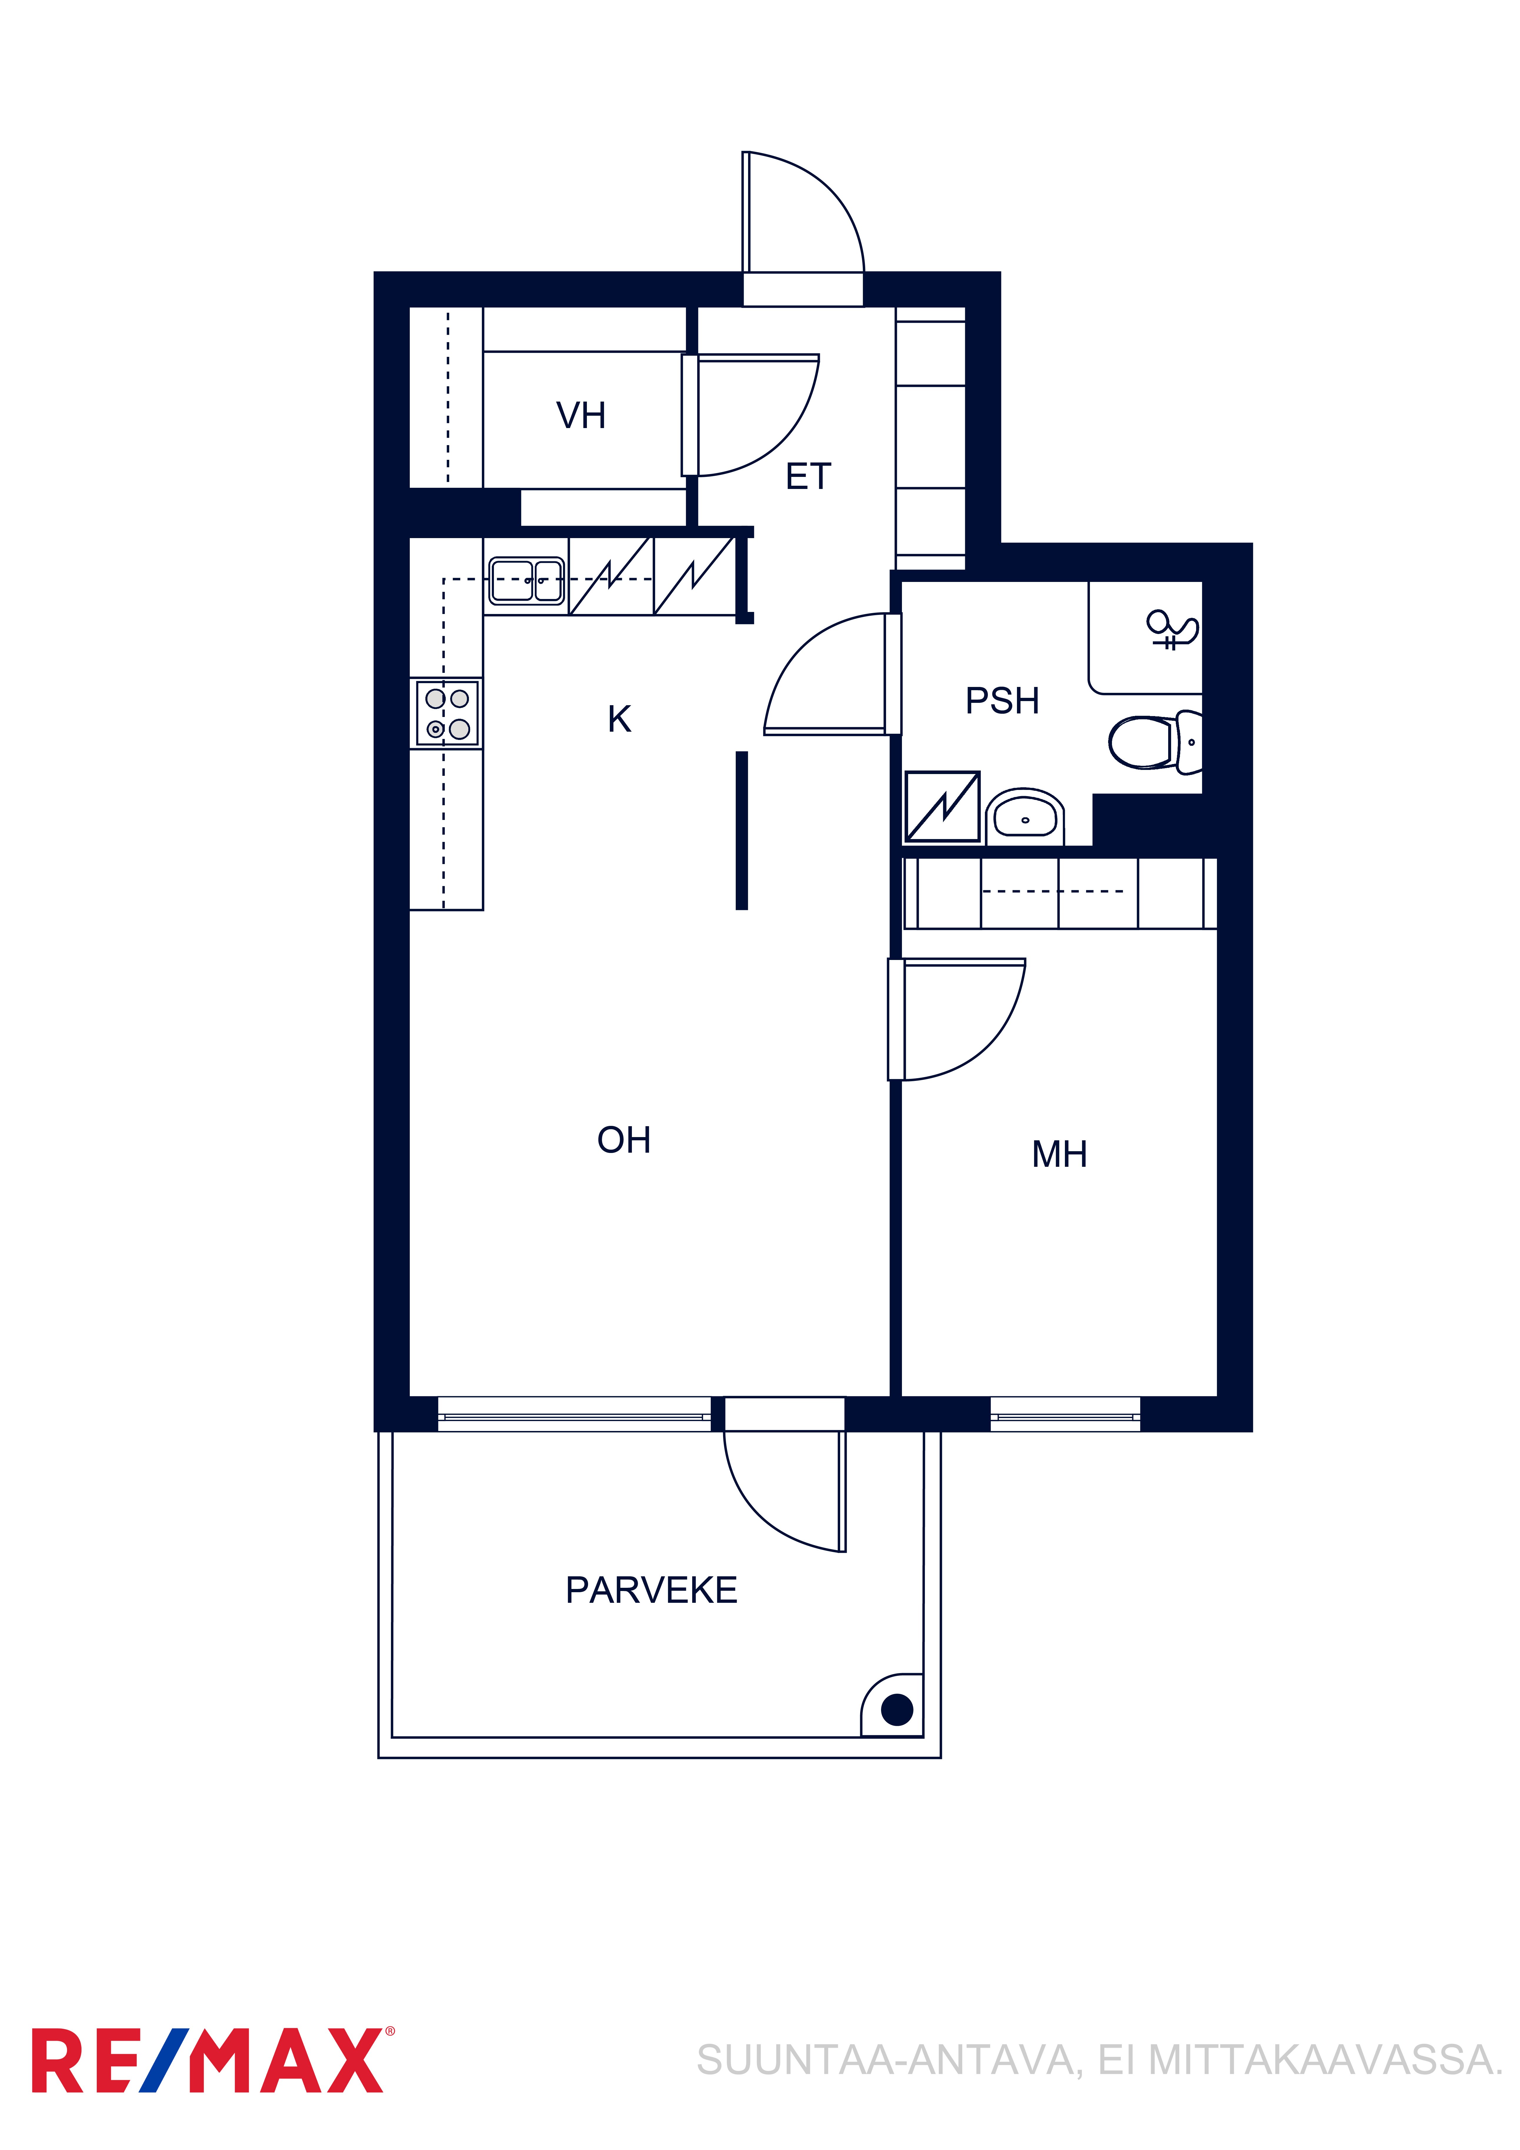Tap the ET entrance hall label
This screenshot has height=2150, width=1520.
pyautogui.click(x=808, y=477)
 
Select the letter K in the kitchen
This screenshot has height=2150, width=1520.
pyautogui.click(x=619, y=719)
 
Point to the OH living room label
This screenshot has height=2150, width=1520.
pyautogui.click(x=624, y=1140)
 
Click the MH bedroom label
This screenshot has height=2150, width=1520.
pyautogui.click(x=1059, y=1155)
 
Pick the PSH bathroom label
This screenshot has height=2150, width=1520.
pyautogui.click(x=1002, y=700)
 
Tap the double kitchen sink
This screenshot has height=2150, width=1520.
pyautogui.click(x=526, y=580)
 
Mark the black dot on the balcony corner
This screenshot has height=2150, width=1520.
pyautogui.click(x=897, y=1710)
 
